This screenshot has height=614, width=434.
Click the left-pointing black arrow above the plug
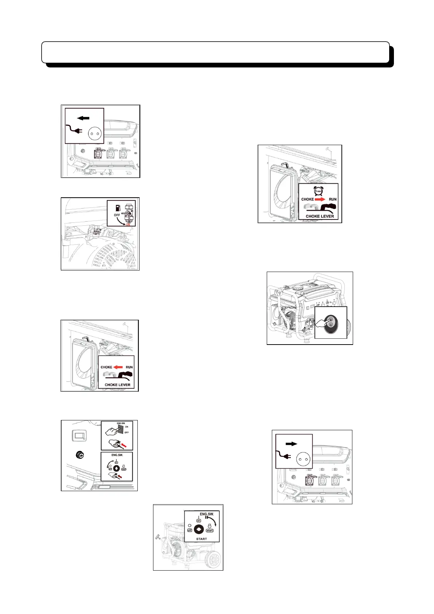click(83, 118)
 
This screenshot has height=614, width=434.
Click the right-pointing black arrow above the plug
click(292, 444)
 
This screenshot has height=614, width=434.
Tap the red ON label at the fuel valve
click(128, 225)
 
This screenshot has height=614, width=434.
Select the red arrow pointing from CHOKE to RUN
click(320, 199)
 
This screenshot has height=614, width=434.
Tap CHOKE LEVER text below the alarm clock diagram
click(320, 216)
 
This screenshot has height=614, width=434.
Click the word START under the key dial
click(202, 539)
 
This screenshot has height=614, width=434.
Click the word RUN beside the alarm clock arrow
click(333, 199)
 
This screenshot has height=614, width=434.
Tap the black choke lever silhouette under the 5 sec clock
click(328, 209)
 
